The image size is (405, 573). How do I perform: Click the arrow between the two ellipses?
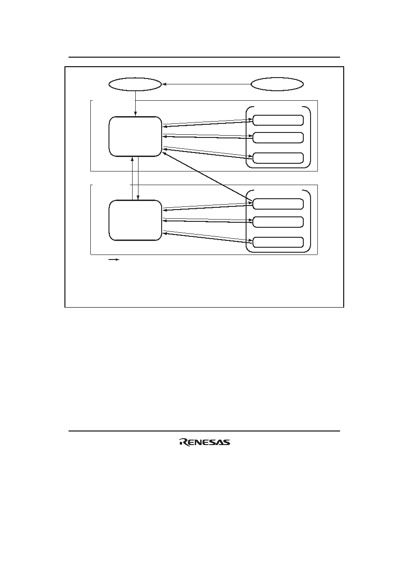pos(207,84)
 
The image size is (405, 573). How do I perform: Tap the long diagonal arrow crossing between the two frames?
pos(207,176)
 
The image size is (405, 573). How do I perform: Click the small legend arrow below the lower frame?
pos(114,260)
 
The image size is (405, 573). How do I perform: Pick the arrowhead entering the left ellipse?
pos(165,84)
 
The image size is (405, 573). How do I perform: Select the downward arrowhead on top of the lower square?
pos(138,198)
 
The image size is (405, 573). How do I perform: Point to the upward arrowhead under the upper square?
pos(132,159)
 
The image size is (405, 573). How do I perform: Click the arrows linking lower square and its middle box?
pos(207,220)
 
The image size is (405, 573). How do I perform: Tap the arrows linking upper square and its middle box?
pos(207,137)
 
